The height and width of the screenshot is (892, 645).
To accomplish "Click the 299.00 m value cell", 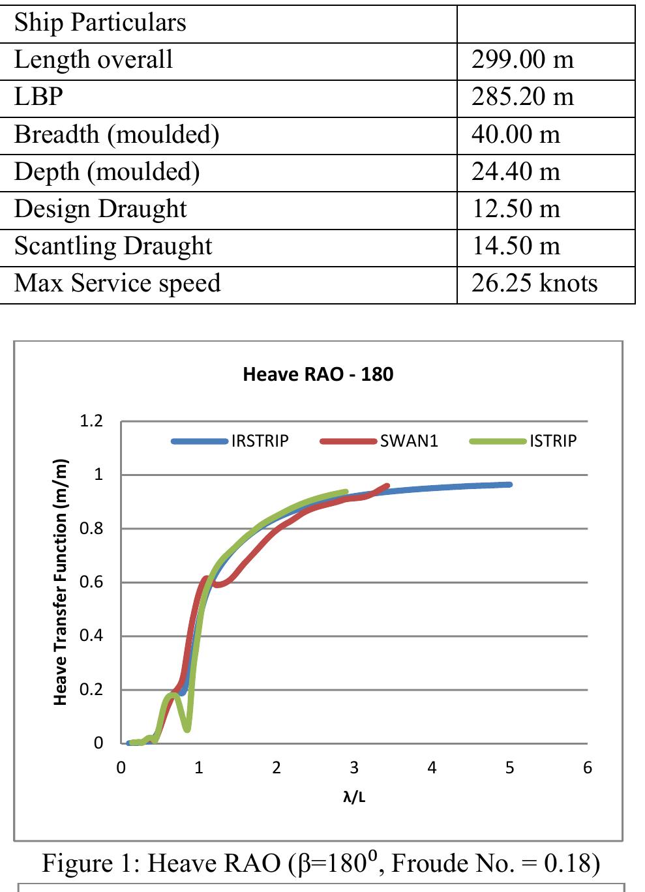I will [x=522, y=60].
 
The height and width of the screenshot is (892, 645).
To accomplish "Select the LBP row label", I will [x=38, y=97].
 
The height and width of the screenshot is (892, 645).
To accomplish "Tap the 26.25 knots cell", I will [x=534, y=284].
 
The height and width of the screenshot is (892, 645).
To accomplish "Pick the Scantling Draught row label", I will [x=113, y=246].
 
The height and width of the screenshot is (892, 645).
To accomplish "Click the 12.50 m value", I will [x=515, y=209].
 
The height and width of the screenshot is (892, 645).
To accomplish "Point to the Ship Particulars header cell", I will [x=100, y=23].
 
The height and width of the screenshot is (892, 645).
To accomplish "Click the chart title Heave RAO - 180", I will [x=318, y=374].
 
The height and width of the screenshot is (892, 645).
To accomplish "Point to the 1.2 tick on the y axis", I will [x=91, y=421].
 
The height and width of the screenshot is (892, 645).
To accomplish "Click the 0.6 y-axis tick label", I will [x=91, y=582].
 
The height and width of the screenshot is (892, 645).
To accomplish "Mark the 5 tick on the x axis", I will [x=509, y=768].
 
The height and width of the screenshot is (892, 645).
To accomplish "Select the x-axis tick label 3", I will [x=354, y=768].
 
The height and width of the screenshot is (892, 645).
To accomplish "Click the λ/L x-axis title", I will [x=354, y=797].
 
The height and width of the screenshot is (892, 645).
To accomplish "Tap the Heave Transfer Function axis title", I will [x=61, y=582].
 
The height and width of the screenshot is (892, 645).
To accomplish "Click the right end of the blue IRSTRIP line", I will [x=509, y=484].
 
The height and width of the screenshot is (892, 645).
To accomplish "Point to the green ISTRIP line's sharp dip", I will [x=187, y=728].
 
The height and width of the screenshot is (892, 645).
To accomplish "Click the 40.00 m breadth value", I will [x=515, y=135].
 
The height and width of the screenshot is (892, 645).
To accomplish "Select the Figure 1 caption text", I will [x=321, y=863].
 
